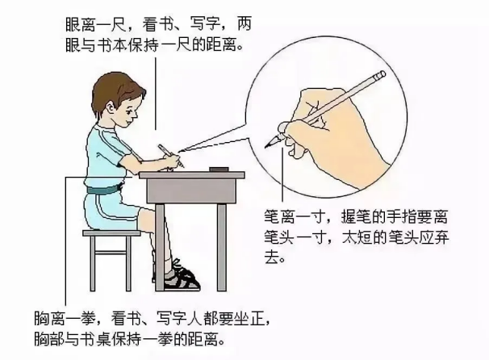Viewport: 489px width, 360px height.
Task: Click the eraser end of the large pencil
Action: [381, 75]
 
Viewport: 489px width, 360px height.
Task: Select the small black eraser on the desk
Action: [219, 169]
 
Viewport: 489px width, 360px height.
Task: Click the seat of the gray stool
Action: [111, 233]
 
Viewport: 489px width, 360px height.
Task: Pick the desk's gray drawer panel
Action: [191, 190]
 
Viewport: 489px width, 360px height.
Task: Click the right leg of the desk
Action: [221, 247]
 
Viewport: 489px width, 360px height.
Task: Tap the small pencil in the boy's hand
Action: [170, 155]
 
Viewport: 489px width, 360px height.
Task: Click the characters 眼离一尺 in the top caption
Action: [94, 24]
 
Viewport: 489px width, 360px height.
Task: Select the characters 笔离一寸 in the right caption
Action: [294, 216]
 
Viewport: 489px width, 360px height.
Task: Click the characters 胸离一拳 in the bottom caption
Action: [65, 319]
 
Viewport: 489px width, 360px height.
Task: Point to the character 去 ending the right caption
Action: [271, 257]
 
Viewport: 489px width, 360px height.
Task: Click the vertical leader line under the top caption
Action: [156, 94]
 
